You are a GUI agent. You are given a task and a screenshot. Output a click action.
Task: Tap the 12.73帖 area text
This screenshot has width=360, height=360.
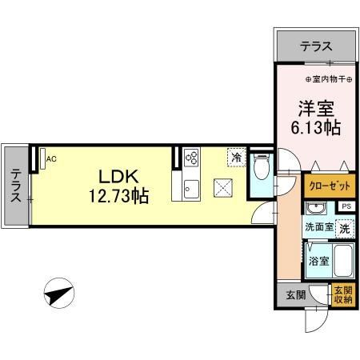[x=118, y=194]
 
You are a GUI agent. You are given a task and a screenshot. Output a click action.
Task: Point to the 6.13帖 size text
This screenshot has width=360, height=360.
[x=316, y=126]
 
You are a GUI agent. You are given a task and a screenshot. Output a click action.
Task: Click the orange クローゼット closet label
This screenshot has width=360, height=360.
[x=329, y=186]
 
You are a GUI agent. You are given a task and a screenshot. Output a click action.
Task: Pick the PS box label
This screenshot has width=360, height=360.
[x=346, y=206]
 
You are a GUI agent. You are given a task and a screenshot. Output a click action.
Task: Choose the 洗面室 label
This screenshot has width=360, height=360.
[x=318, y=226]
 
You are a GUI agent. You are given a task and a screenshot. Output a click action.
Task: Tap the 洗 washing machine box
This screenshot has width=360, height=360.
[x=344, y=228]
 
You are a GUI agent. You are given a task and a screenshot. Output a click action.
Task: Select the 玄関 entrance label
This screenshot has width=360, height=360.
[x=295, y=294]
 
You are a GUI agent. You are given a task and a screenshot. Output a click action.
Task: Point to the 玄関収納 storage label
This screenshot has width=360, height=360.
[x=343, y=294]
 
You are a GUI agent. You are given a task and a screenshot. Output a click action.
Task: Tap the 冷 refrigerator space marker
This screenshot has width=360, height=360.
[x=236, y=158]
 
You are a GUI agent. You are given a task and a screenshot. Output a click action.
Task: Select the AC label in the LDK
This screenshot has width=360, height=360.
[x=51, y=158]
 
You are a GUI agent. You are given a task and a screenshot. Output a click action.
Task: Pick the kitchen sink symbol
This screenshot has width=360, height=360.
[x=191, y=189]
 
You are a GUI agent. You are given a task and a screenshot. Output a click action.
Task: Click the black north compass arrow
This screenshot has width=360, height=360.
[x=60, y=294]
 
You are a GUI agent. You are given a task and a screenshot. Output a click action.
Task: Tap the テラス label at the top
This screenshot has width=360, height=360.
[x=316, y=47]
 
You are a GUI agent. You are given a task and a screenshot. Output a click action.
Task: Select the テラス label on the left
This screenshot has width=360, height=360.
[x=16, y=184]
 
